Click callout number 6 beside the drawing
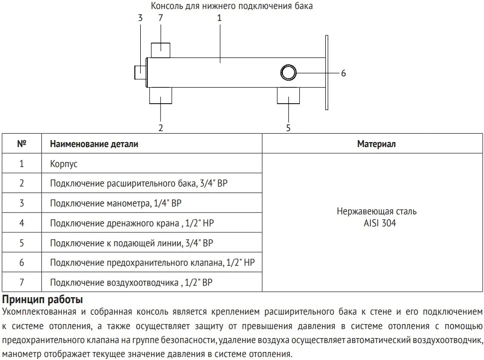pos(343,73)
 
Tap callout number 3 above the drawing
pos(140,18)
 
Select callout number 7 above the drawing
pos(161,18)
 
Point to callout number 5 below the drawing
pos(288,128)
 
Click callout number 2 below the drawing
pos(161,128)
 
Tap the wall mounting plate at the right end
pos(327,72)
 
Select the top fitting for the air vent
pos(161,50)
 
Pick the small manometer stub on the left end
pos(140,72)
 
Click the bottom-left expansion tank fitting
pos(161,96)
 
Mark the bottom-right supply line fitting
pos(288,96)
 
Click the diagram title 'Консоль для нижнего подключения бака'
pos(232,6)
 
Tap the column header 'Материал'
pos(376,144)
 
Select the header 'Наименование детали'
pos(94,144)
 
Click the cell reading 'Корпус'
pos(63,164)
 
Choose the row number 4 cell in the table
pos(21,223)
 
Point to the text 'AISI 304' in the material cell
pos(380,223)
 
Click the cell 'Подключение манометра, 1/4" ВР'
pos(116,203)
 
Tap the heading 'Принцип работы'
pos(42,300)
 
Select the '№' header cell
pos(21,144)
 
